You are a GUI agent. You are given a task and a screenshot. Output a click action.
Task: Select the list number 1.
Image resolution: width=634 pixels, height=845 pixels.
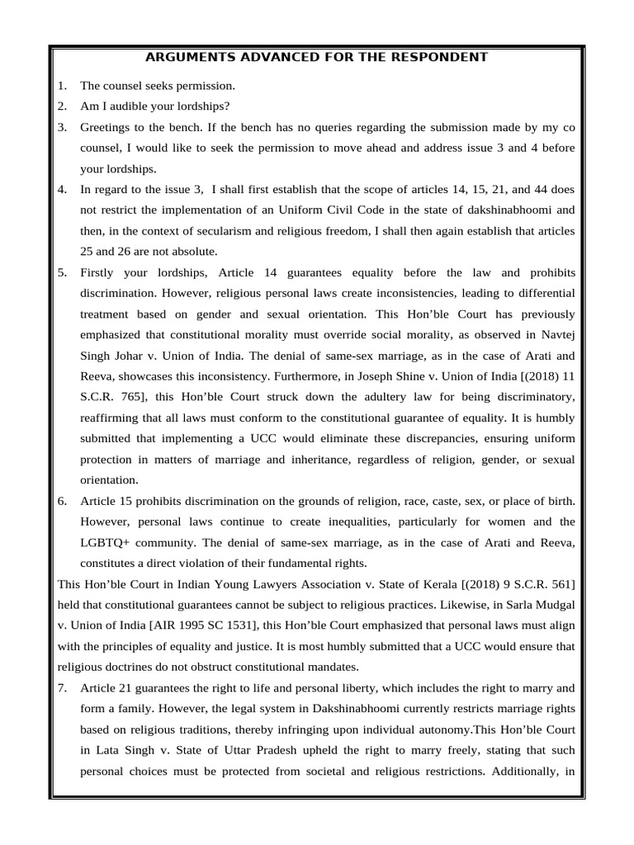[x=62, y=85]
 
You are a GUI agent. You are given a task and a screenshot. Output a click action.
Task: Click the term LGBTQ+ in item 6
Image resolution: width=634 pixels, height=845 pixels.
[x=102, y=543]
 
